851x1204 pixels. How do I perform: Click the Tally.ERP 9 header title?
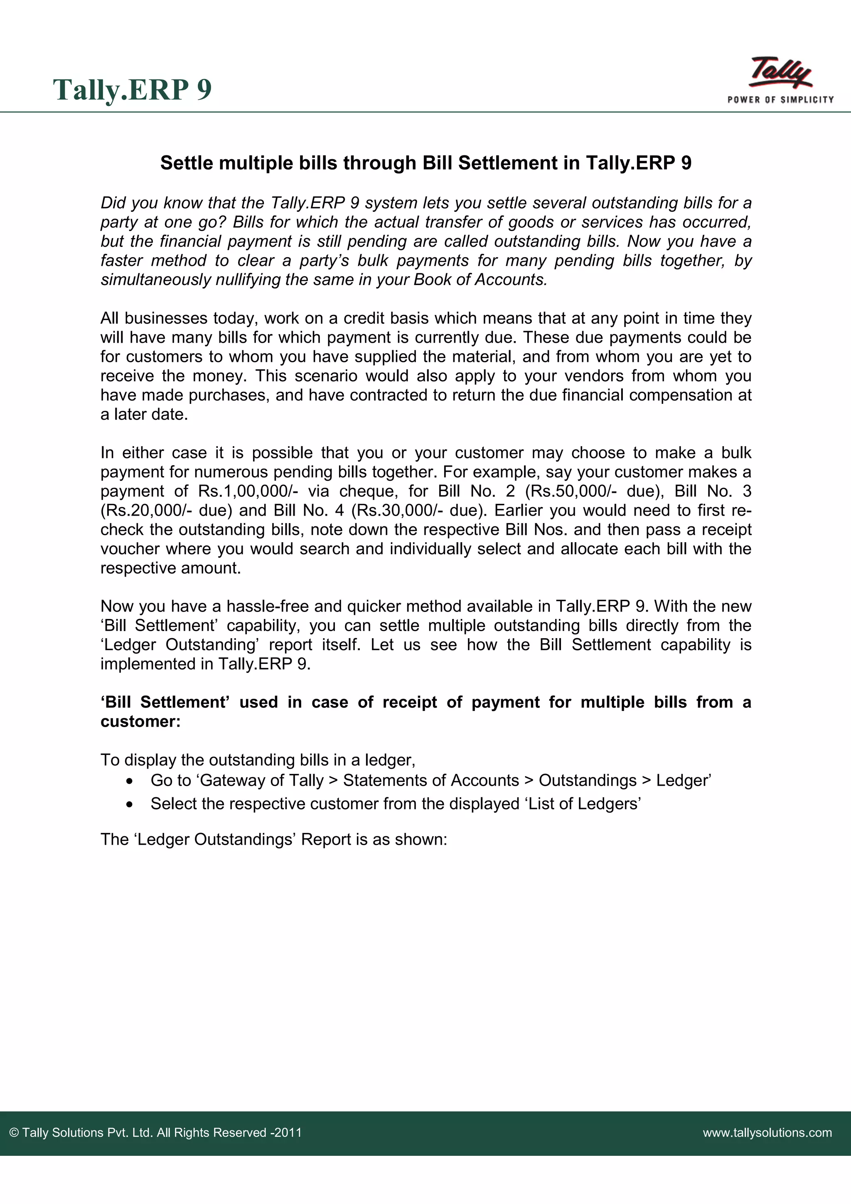(x=132, y=90)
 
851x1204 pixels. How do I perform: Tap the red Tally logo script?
(x=781, y=72)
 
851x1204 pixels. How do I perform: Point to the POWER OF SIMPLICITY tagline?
(x=780, y=100)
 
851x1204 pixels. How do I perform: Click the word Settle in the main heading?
(x=187, y=163)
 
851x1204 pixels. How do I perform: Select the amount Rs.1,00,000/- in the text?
(x=248, y=491)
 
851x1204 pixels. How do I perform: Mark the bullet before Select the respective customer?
(x=130, y=804)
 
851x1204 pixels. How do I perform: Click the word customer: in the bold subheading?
(x=140, y=722)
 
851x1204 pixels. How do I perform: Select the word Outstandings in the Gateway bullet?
(x=587, y=781)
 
